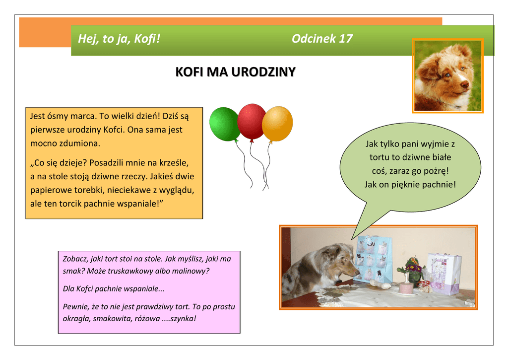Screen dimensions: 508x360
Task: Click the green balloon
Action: coord(225,124)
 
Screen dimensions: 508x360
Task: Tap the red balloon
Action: coord(252,122)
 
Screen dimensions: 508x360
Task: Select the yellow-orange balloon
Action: coord(277,124)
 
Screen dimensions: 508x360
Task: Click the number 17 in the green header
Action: coord(346,39)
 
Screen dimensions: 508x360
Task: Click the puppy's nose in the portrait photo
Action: coord(464,84)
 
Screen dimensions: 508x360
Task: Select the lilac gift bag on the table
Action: coord(444,274)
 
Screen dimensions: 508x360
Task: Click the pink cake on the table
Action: coord(406,288)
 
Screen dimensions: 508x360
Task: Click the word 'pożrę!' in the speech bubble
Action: coord(436,171)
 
